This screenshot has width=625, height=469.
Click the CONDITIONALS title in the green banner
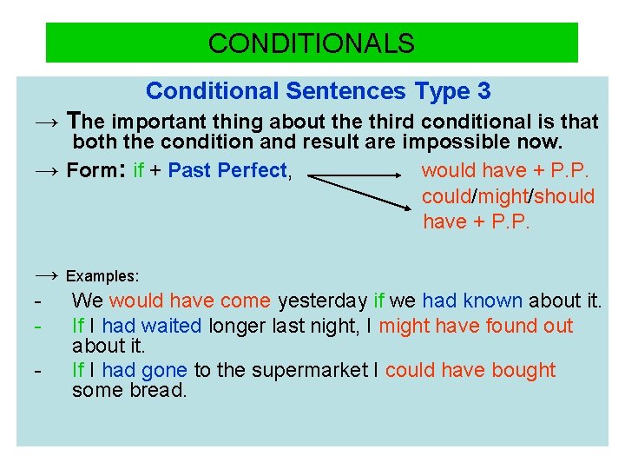click(312, 43)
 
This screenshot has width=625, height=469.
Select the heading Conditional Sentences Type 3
click(318, 90)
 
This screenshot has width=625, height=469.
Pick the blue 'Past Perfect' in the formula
click(227, 171)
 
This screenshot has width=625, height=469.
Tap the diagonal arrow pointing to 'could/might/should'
click(360, 193)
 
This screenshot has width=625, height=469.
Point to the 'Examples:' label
click(102, 276)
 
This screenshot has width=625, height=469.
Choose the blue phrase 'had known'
click(472, 301)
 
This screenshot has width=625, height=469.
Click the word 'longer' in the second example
click(237, 326)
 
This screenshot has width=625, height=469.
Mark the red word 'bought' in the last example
click(523, 370)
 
